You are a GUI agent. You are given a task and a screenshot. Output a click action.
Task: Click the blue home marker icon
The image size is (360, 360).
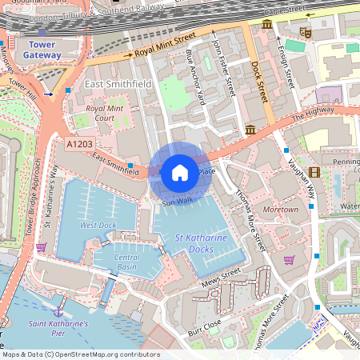pos(180,172)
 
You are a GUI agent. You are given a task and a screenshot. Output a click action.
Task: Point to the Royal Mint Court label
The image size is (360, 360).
pos(106,113)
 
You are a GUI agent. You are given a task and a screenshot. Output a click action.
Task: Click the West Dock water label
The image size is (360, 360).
pos(98,225)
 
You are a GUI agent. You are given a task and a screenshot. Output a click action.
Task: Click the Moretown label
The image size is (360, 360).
pos(280,210)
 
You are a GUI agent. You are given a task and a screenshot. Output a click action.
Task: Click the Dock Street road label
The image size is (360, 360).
pos(258,81)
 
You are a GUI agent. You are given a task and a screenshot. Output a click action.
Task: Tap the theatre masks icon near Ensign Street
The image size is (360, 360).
pos(304,32)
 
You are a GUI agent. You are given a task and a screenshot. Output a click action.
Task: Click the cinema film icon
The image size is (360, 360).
pos(314,172)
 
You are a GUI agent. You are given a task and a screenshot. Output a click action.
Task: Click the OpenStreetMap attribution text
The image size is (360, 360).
pos(81,354)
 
